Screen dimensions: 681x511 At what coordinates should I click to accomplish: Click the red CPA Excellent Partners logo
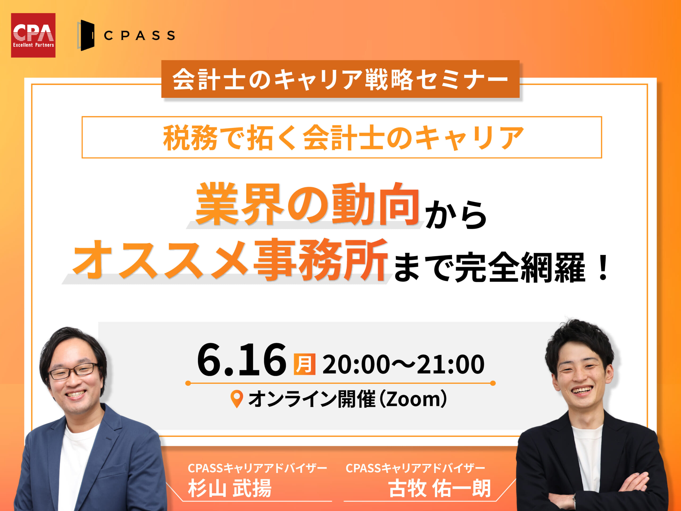(x=33, y=35)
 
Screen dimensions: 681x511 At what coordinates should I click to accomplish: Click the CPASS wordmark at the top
(x=139, y=35)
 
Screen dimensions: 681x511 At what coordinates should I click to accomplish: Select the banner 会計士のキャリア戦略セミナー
(x=340, y=79)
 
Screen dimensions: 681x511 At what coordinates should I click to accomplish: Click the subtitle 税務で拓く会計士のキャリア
(x=343, y=137)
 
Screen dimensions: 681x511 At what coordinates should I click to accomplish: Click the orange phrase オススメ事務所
(x=229, y=259)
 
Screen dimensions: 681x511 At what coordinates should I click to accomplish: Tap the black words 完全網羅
(x=520, y=267)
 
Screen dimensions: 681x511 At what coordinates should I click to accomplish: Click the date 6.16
(x=242, y=360)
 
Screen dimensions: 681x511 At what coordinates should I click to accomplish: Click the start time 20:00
(x=356, y=364)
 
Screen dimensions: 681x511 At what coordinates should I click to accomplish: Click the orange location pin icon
(x=237, y=399)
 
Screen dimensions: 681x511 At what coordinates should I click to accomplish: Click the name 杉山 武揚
(x=230, y=488)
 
